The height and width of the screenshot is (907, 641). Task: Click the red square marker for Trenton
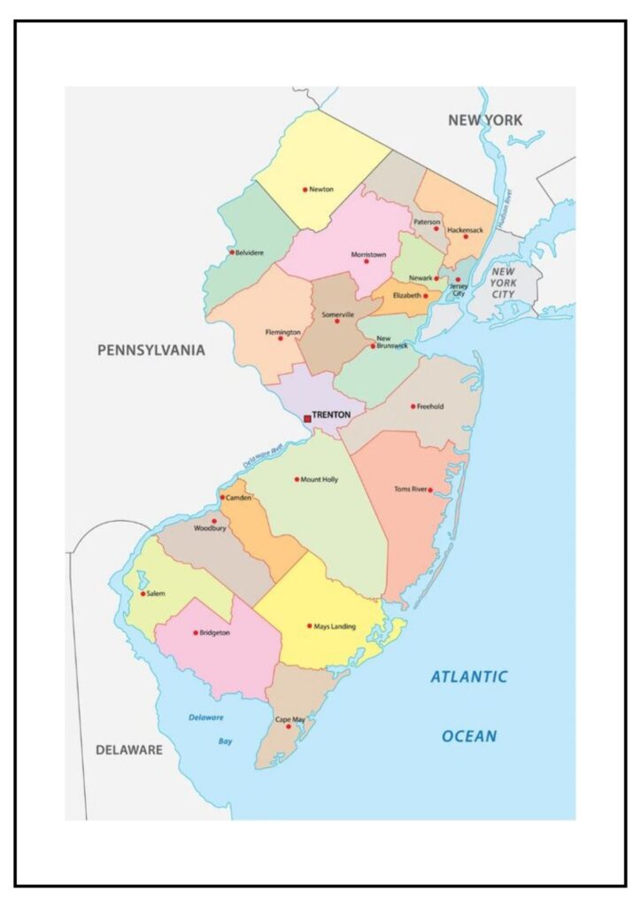click(x=307, y=418)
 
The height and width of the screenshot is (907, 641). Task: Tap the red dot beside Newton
click(x=305, y=190)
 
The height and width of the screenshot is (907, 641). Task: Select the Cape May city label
click(x=290, y=719)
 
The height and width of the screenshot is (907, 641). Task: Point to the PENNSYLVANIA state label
click(x=151, y=350)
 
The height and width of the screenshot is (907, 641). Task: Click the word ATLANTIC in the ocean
click(x=469, y=678)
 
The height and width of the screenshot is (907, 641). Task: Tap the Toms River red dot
click(x=430, y=490)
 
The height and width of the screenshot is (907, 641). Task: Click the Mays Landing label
click(x=335, y=626)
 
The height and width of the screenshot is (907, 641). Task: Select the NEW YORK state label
click(x=484, y=120)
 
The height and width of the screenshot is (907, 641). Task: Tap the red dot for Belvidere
click(x=232, y=252)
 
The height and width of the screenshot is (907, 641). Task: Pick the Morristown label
click(x=368, y=254)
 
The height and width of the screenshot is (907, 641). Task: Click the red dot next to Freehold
click(x=413, y=407)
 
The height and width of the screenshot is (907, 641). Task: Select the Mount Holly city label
click(x=320, y=479)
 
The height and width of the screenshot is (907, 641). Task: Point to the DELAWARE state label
click(x=129, y=750)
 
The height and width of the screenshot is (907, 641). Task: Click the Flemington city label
click(x=283, y=332)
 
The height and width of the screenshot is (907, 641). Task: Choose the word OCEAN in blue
click(x=469, y=736)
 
